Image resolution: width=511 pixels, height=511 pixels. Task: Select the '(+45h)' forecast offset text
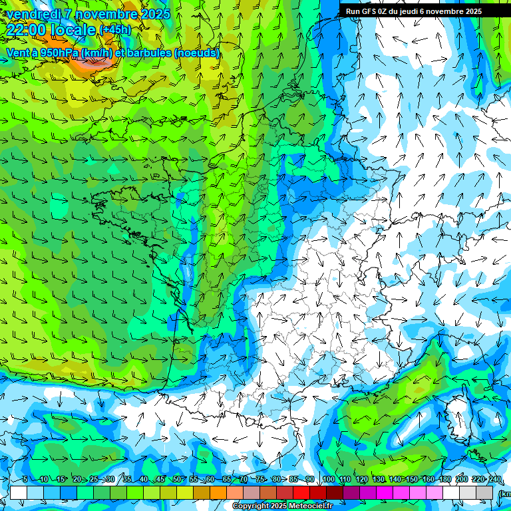[115, 30]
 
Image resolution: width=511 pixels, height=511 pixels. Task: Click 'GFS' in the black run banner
[369, 11]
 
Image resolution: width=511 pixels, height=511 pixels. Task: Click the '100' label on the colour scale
[328, 480]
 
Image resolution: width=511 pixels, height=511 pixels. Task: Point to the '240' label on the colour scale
[494, 480]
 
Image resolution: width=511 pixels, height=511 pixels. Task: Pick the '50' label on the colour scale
[177, 480]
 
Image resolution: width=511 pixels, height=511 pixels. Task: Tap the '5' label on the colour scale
[25, 480]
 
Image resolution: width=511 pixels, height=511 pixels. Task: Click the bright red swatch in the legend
[301, 492]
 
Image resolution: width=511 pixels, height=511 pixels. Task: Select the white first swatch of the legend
[19, 492]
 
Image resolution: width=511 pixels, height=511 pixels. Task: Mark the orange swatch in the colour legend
[218, 492]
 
